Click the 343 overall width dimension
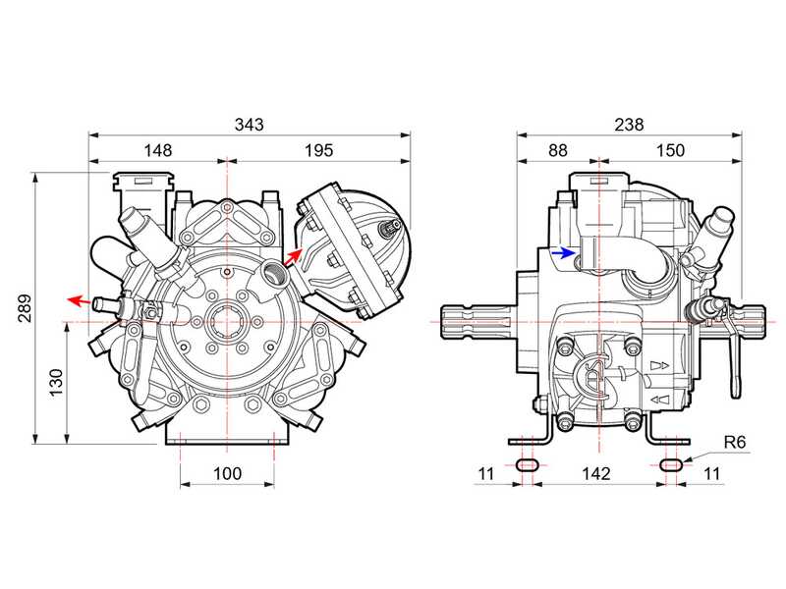click(249, 125)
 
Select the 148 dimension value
click(157, 150)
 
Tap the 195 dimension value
click(318, 150)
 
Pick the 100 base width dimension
click(227, 473)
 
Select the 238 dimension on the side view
click(628, 125)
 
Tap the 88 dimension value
click(557, 150)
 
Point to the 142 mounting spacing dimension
click(596, 473)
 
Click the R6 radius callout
click(735, 443)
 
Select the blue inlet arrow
click(562, 252)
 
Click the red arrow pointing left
click(78, 299)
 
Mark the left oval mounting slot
click(527, 463)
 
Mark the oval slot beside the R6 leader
click(671, 463)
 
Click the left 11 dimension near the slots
click(482, 473)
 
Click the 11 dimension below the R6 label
click(713, 473)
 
